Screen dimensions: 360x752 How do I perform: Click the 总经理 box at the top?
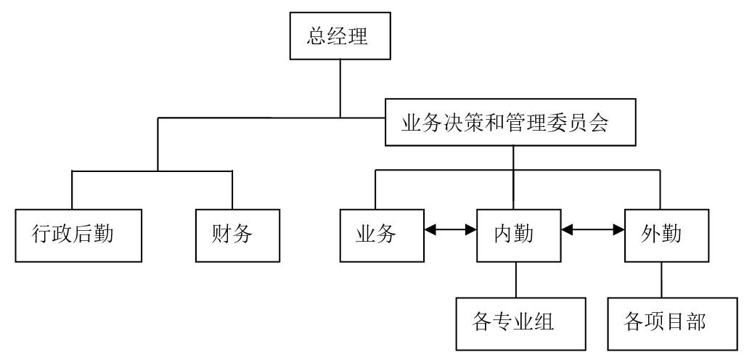(339, 37)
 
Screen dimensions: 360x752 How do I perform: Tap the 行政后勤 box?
(73, 235)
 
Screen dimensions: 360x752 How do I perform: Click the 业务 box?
(382, 235)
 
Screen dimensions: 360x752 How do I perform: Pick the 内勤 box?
(518, 235)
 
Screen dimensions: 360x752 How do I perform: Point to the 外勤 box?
(666, 235)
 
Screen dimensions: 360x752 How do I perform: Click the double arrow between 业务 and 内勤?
(450, 230)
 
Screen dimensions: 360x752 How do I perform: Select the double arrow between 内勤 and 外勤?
(594, 230)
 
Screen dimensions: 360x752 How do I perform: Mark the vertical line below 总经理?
(340, 87)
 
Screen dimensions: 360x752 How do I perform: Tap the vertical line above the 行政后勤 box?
(73, 190)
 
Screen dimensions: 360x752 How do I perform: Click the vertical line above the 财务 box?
(232, 190)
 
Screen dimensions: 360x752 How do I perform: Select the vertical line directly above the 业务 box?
(375, 190)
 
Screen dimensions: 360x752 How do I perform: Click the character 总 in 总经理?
(317, 37)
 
